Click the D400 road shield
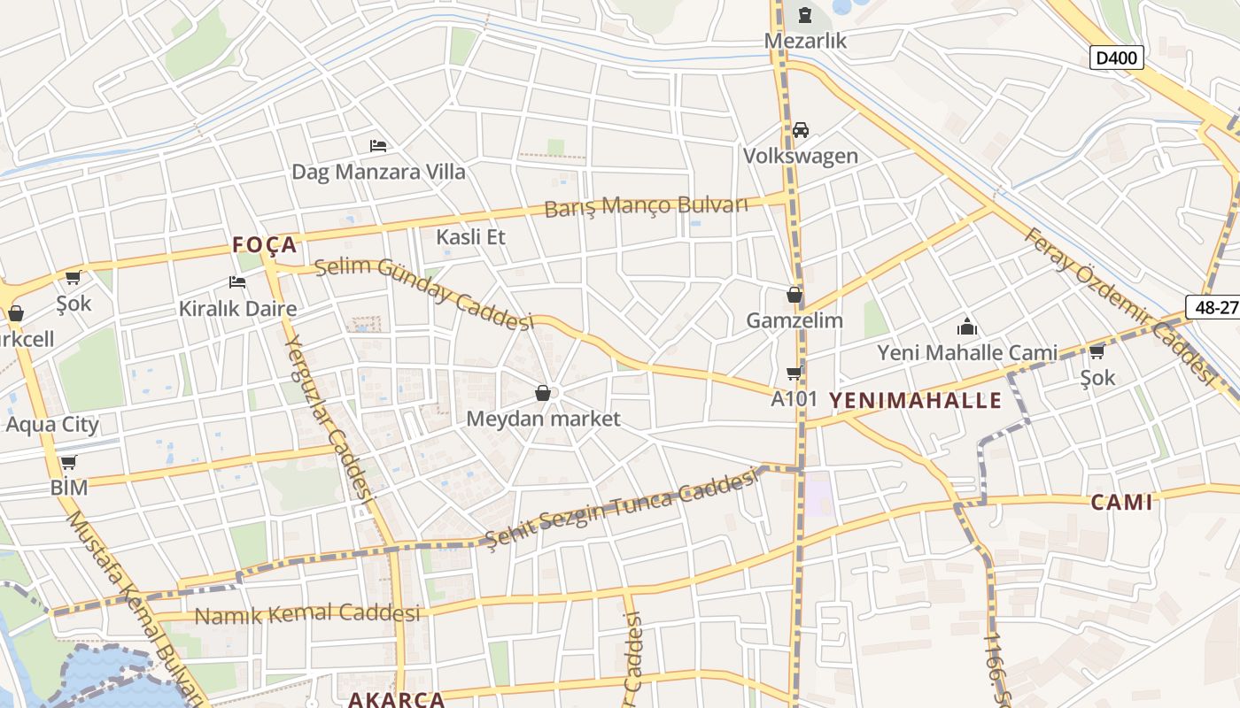[x=1117, y=58]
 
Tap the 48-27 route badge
[x=1215, y=306]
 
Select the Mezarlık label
[x=806, y=41]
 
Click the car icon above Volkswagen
[x=801, y=130]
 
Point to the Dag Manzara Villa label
[x=378, y=172]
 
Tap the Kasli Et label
[x=470, y=236]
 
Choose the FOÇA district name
[x=265, y=245]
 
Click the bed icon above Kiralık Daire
[x=237, y=282]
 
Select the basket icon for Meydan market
[x=543, y=393]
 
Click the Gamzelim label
[x=794, y=320]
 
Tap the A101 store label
[x=794, y=398]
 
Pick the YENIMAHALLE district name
[x=915, y=400]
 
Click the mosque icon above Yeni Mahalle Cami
[x=966, y=327]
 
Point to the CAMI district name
[x=1121, y=503]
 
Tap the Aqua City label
[x=52, y=424]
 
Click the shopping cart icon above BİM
[x=68, y=462]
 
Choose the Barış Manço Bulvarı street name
[x=646, y=206]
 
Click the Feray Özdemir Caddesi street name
[x=1118, y=304]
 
